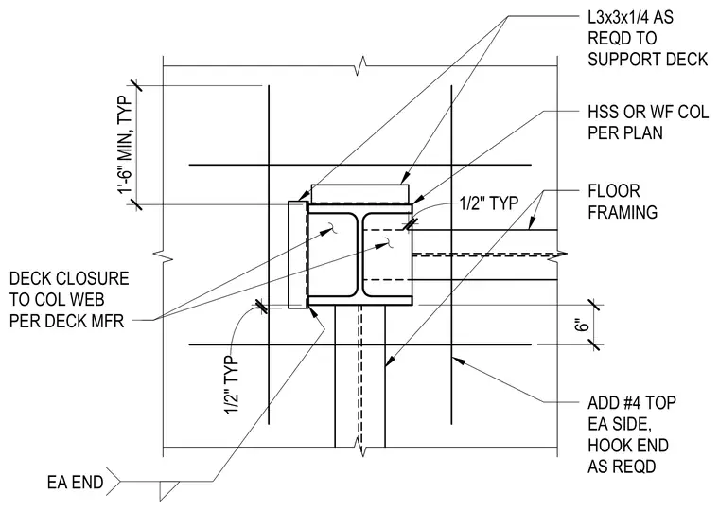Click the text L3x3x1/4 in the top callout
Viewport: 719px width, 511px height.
(x=618, y=17)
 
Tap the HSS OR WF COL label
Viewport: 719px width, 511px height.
(x=648, y=112)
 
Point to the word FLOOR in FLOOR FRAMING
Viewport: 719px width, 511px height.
(x=614, y=191)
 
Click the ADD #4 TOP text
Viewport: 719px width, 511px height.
(x=632, y=403)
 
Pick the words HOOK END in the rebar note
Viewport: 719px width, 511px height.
(x=628, y=446)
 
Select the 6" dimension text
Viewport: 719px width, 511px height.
(x=583, y=325)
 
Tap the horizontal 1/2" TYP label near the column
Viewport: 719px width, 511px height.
(x=489, y=203)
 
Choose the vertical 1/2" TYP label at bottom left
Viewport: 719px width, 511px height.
(x=232, y=384)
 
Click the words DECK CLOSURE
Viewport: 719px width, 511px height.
(x=69, y=278)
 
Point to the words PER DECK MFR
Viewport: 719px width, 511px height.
(x=67, y=321)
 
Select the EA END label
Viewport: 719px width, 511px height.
(x=75, y=483)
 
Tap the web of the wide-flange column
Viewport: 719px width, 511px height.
(x=359, y=255)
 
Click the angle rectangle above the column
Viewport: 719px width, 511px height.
(x=359, y=194)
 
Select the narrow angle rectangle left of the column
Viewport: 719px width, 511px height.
(x=297, y=255)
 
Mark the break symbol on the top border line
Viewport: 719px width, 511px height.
(x=362, y=65)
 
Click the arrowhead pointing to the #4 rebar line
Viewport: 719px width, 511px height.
(x=460, y=361)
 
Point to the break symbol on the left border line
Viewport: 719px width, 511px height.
(x=164, y=256)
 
